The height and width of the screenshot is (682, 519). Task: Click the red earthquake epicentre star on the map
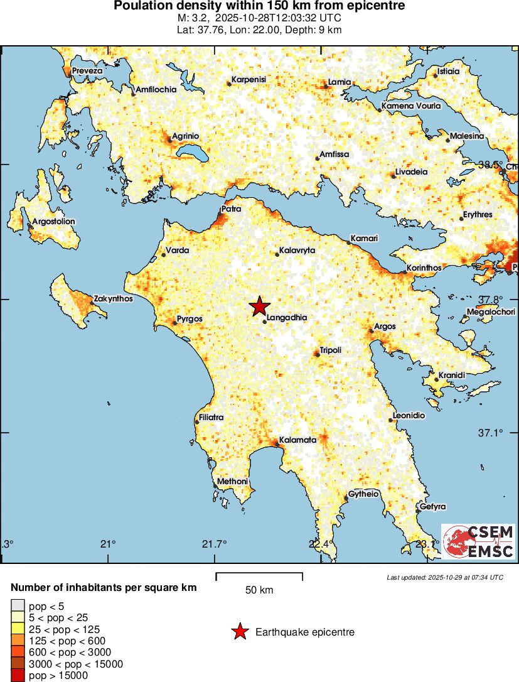[x=259, y=306]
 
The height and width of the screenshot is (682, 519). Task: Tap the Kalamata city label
[x=297, y=440]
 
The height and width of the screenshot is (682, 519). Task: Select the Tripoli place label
[x=330, y=350]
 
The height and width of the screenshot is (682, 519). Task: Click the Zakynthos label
[x=113, y=299]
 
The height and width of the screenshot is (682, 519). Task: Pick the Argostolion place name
[x=53, y=222]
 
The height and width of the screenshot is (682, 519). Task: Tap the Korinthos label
[x=425, y=268]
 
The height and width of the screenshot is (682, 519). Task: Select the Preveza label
[x=87, y=71]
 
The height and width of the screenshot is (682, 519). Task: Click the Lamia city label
[x=340, y=82]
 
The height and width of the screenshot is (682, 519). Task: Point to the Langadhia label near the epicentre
[x=287, y=318]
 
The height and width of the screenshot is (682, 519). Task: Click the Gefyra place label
[x=432, y=506]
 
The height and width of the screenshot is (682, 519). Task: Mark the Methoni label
[x=232, y=482]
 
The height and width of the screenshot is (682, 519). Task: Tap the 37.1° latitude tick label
[x=491, y=433]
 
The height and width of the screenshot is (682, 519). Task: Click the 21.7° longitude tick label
[x=215, y=543]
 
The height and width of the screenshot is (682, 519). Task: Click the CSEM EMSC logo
[x=478, y=541]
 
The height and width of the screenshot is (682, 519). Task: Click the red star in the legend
[x=239, y=632]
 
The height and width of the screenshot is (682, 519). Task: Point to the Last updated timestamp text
[x=444, y=577]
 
